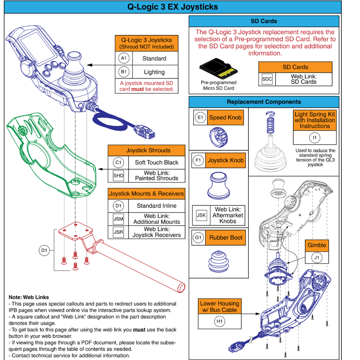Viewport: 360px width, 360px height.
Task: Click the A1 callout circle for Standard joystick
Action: coord(123,58)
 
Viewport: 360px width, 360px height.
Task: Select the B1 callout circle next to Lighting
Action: coord(123,72)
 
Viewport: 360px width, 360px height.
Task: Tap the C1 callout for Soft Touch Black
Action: coord(118,162)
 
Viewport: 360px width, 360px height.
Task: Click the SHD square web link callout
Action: coord(118,175)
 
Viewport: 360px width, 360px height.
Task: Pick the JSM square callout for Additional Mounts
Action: coord(118,219)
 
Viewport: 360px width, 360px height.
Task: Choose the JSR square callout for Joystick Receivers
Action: coord(118,232)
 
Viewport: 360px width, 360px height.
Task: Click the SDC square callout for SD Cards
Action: coord(267,79)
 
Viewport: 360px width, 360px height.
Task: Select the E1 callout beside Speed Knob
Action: coord(201,117)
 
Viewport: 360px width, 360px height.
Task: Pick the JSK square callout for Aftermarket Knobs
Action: coord(201,215)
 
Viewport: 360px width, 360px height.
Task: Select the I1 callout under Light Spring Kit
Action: coord(315,138)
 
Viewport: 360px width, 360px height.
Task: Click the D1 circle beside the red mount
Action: coord(44,250)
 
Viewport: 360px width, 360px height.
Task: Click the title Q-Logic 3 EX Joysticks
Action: coord(173,7)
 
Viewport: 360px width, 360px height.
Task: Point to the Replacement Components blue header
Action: coord(264,102)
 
